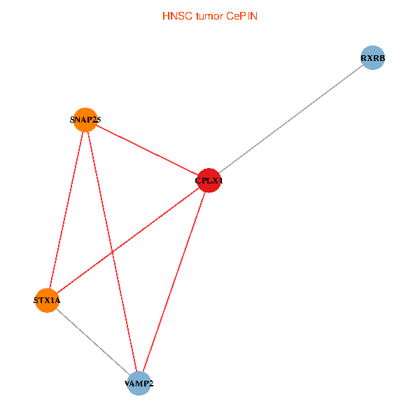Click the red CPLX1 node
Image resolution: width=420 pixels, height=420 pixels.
click(x=209, y=181)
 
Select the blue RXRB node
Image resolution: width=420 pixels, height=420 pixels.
click(x=372, y=58)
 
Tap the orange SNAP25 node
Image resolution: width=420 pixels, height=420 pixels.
click(x=85, y=120)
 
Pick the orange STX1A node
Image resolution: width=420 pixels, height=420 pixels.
click(x=47, y=300)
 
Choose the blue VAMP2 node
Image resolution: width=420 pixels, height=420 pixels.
click(x=139, y=384)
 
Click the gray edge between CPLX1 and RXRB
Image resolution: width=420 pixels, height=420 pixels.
click(x=290, y=120)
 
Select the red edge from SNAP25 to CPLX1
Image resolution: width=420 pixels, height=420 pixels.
click(x=147, y=150)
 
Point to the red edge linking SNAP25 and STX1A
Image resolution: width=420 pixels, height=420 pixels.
click(x=66, y=210)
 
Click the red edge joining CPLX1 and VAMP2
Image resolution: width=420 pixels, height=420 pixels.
click(x=174, y=282)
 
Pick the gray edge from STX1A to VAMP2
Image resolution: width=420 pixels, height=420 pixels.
click(x=93, y=342)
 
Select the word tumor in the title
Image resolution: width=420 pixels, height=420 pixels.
click(x=210, y=16)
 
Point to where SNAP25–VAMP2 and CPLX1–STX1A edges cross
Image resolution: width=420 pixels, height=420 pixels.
click(x=111, y=253)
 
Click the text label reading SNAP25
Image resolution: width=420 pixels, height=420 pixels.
click(x=85, y=120)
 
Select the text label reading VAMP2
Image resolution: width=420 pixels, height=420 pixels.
click(x=139, y=384)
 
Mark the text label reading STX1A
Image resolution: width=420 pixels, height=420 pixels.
click(x=47, y=300)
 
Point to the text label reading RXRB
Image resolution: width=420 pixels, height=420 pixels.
click(x=372, y=58)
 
